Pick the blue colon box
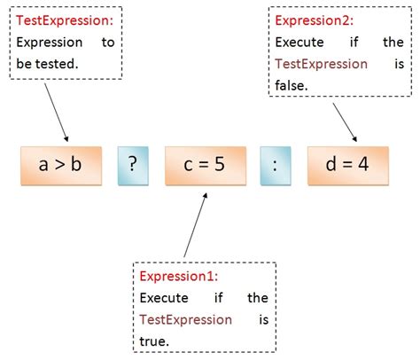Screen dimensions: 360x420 click(x=276, y=164)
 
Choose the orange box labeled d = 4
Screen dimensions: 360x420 click(x=346, y=164)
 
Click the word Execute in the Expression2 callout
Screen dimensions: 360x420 click(x=299, y=42)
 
